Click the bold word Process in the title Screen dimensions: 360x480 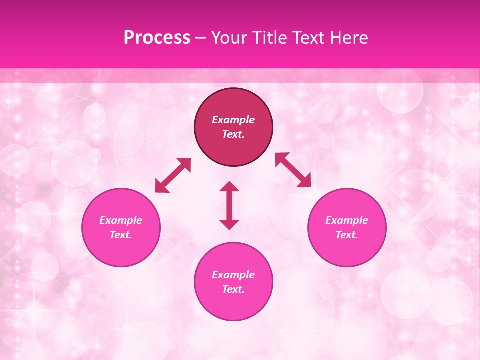pos(157,38)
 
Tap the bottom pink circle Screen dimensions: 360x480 pos(233,305)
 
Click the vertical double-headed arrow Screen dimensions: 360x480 pos(229,205)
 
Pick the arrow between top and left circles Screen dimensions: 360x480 pos(173,175)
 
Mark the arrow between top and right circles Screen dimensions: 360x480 pos(293,170)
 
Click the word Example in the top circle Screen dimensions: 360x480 pos(233,120)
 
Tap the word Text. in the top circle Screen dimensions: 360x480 pos(233,134)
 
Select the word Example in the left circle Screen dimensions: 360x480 pos(121,220)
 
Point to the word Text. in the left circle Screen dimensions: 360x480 pos(121,235)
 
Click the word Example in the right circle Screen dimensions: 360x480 pos(347,220)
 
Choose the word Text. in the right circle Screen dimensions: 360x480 pos(347,235)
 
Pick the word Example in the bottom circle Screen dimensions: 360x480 pos(233,275)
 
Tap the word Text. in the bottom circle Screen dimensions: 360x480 pos(233,289)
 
